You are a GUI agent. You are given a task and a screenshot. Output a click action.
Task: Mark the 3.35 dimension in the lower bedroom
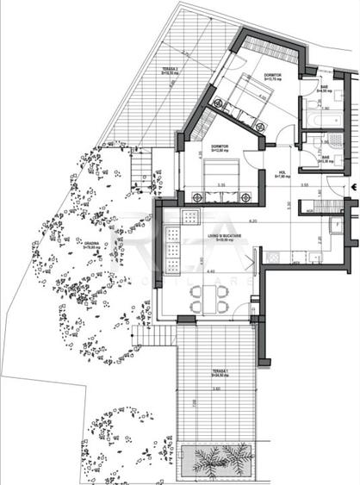220,184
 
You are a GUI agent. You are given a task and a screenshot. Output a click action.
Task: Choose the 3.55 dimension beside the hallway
305,185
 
